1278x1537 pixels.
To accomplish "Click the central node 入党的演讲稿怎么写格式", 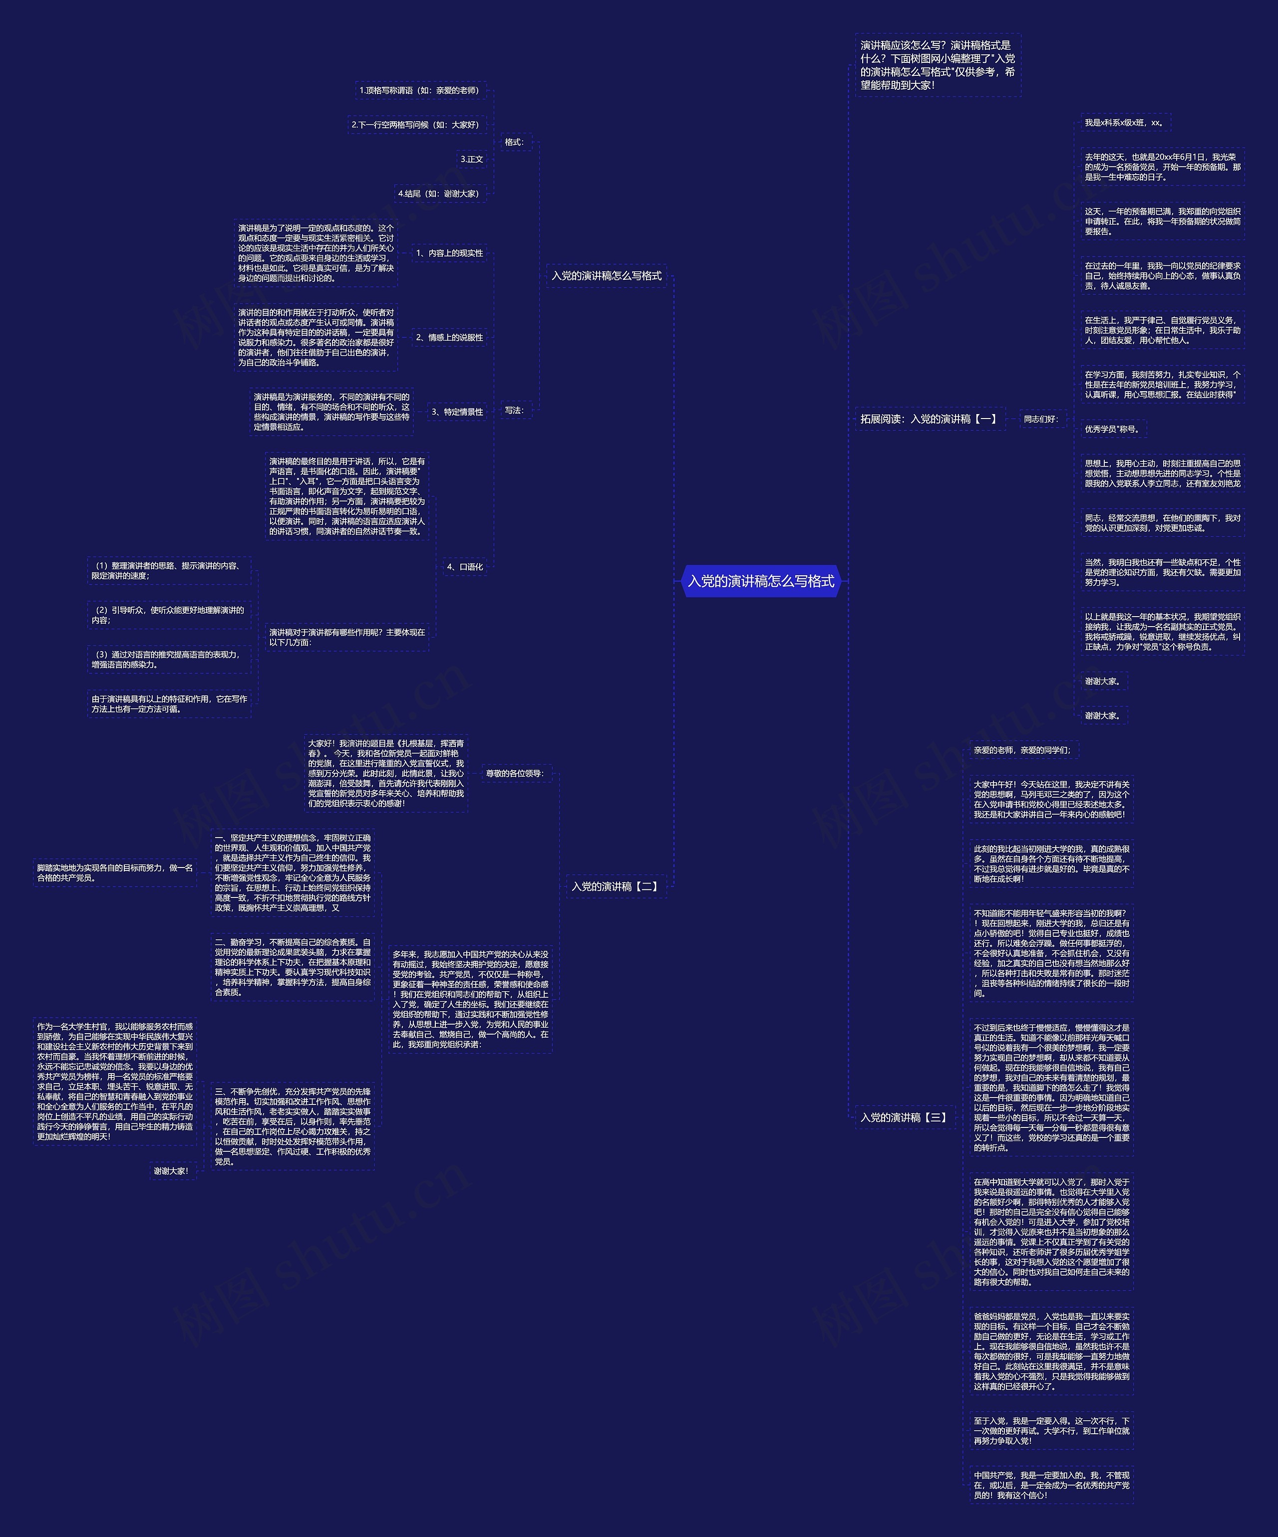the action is [760, 581].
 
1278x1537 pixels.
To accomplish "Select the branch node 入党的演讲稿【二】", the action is [615, 886].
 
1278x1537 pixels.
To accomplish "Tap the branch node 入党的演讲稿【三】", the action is [904, 1117].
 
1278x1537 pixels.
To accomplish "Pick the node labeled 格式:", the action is [515, 142].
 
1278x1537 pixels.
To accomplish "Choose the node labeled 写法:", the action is [515, 411].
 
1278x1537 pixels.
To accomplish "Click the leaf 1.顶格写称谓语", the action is [420, 91].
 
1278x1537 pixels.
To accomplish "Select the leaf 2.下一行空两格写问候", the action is [416, 125].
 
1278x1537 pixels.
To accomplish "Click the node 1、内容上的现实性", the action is [450, 253].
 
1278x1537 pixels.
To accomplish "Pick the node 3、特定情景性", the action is [457, 412].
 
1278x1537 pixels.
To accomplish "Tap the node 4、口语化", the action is [465, 567].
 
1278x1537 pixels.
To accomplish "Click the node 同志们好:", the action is [1041, 420].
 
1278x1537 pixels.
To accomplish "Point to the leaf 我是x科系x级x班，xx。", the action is [1124, 123].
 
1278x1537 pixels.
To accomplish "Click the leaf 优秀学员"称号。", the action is [1112, 430].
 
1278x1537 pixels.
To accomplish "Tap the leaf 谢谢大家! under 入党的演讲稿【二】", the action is [171, 1171].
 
